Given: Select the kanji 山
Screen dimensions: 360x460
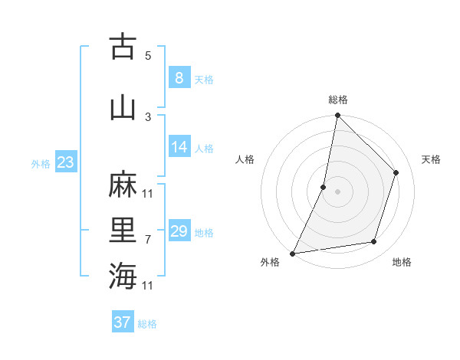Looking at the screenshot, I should coord(123,108).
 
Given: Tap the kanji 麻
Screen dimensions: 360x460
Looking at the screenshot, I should coord(123,186).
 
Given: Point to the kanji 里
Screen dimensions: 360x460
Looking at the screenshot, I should coord(123,231).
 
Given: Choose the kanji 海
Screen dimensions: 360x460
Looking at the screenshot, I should coord(123,276).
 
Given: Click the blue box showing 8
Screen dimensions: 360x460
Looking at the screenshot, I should coord(179,77).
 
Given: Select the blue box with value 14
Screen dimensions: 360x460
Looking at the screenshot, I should coord(179,147).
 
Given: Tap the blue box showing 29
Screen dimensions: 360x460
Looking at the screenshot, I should coord(179,231).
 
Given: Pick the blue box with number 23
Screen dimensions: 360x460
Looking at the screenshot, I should coord(65,162).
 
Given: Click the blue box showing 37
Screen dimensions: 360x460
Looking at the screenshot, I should coord(123,322).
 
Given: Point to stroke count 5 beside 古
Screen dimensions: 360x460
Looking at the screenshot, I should coord(148,55).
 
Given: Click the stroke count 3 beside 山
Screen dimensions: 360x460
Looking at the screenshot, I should coord(148,116).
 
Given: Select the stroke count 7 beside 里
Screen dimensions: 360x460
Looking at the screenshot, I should coord(148,240).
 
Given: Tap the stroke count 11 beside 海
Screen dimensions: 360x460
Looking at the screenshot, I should coord(148,286).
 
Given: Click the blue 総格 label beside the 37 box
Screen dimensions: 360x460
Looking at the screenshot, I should coord(148,324).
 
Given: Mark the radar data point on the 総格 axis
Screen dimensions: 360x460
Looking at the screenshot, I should coord(337,115).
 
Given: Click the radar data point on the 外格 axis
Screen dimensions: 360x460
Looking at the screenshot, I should coord(293,253).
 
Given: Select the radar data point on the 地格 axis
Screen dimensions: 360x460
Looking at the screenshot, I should coord(374,242).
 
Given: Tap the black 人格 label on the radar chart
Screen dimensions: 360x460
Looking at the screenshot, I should coord(245,159).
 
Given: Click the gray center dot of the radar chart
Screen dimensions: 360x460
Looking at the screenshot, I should coord(337,191).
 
